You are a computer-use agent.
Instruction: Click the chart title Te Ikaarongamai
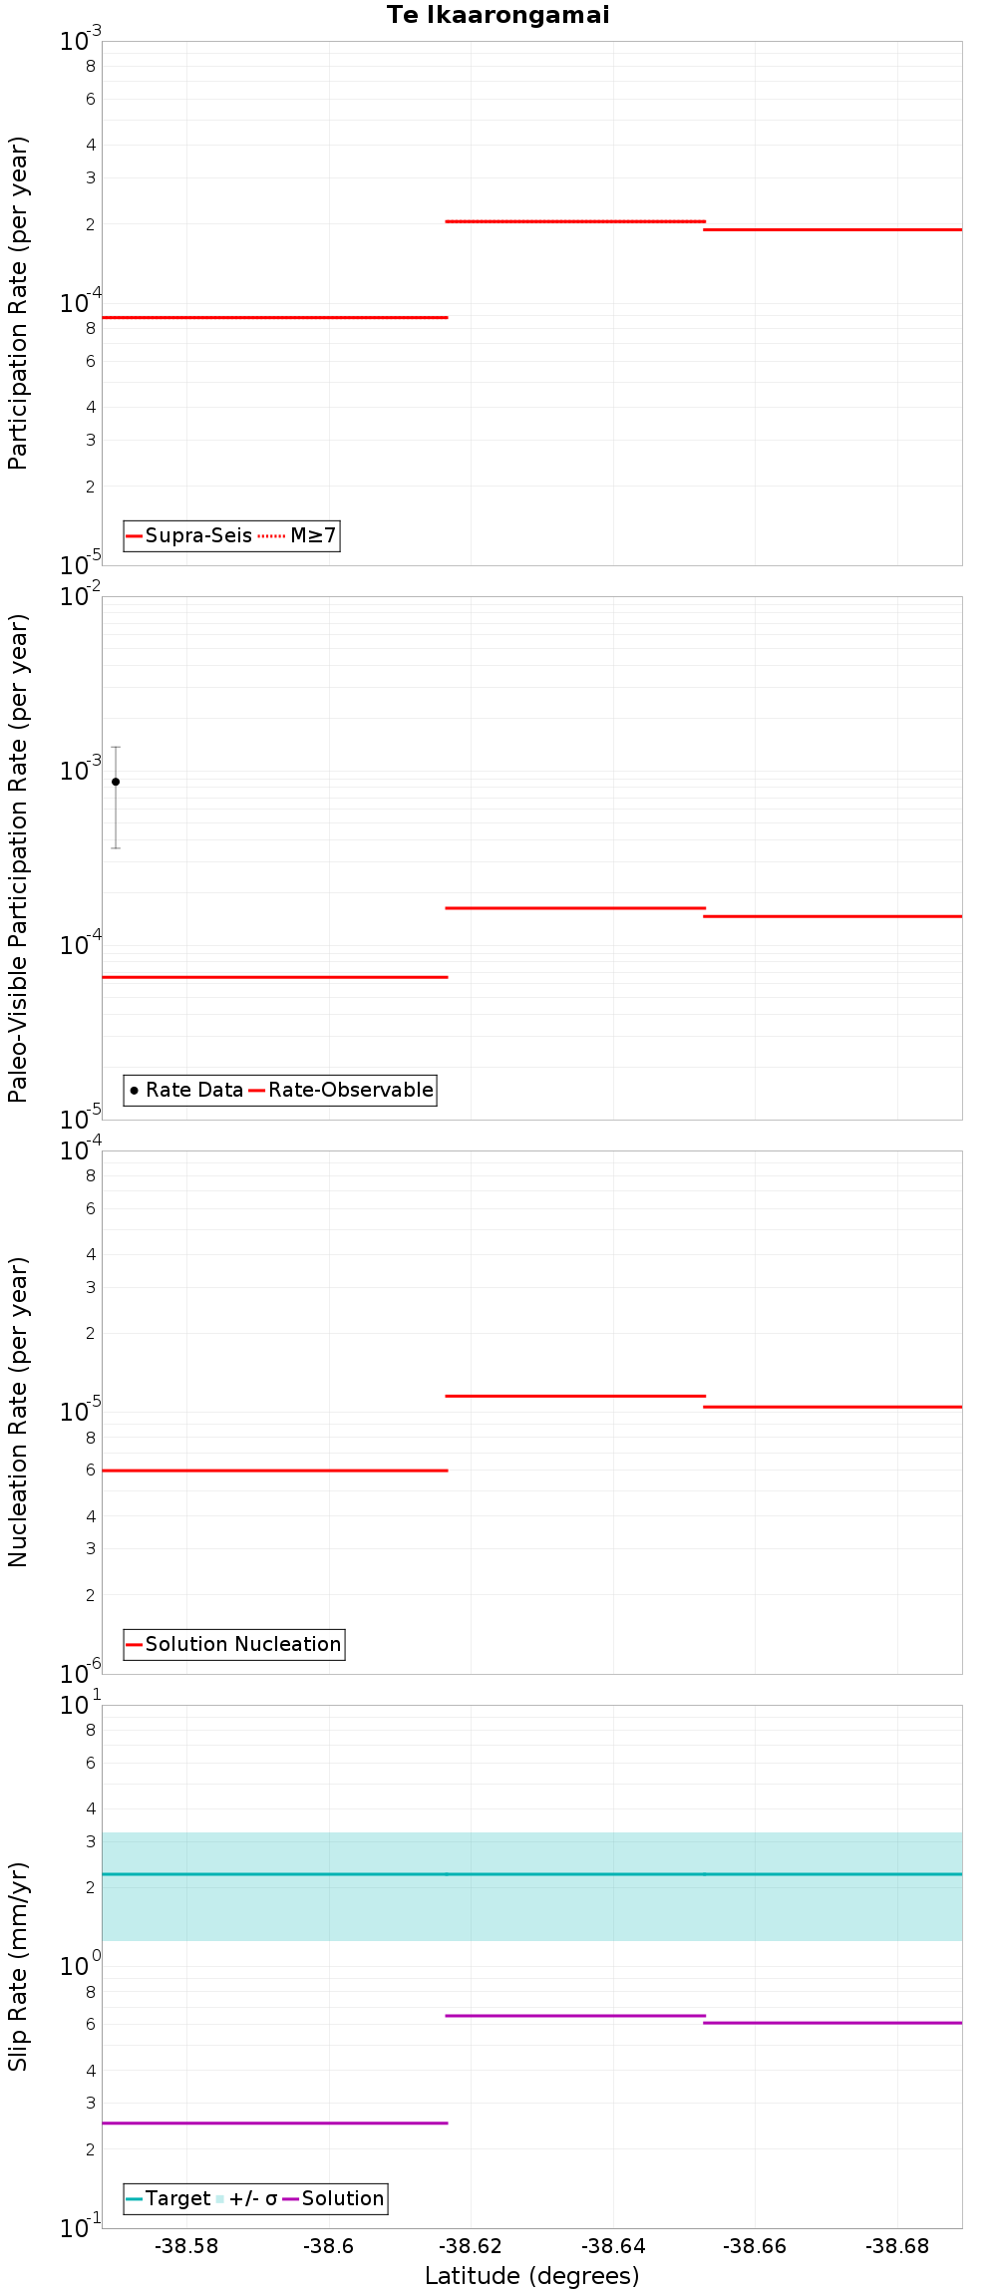tap(498, 15)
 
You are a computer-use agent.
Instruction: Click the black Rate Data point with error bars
tap(116, 782)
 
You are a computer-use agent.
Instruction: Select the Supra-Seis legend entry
tap(189, 535)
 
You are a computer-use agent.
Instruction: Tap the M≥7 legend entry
tap(299, 535)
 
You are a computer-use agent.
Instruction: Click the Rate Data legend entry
tap(186, 1090)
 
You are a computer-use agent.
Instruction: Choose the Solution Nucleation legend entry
tap(234, 1644)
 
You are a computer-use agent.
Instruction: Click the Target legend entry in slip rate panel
tap(168, 2198)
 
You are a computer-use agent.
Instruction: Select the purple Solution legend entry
tap(334, 2198)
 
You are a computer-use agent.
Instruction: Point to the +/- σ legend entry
tap(246, 2198)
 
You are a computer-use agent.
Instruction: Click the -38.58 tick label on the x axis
tap(186, 2246)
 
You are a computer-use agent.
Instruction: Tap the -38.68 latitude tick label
tap(897, 2246)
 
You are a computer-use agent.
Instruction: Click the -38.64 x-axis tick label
tap(613, 2246)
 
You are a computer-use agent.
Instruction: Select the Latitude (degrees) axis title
tap(531, 2276)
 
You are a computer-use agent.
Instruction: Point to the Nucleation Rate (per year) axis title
tap(18, 1412)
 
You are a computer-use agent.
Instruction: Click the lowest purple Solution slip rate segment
tap(274, 2123)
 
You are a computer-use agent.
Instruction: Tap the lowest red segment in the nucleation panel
tap(274, 1470)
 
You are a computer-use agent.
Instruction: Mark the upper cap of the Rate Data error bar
tap(116, 747)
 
